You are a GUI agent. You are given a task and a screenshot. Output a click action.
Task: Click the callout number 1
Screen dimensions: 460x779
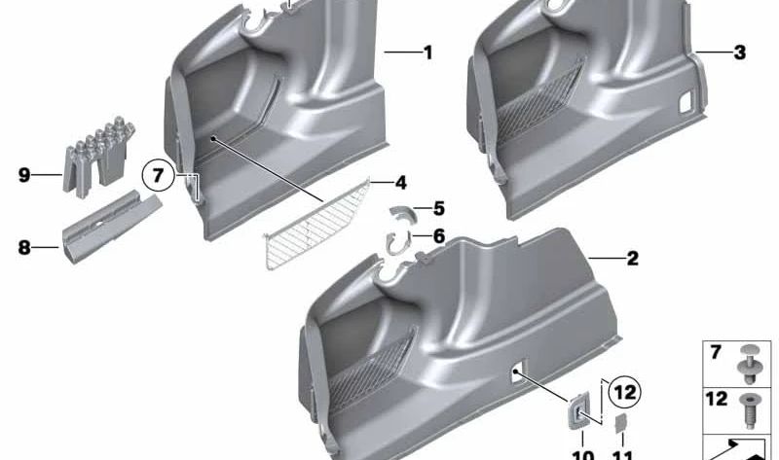pos(427,53)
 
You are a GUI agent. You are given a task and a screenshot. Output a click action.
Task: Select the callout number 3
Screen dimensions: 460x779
pos(739,53)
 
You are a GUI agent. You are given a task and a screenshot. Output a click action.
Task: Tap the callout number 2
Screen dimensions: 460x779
pos(632,259)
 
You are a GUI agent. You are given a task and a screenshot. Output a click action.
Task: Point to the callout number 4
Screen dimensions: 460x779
pos(400,182)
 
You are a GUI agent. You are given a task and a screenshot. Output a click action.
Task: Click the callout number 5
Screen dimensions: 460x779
pos(439,208)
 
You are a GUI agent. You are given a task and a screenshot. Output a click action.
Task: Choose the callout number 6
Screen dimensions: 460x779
pos(439,236)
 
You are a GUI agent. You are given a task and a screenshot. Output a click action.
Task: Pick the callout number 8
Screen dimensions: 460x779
pos(23,248)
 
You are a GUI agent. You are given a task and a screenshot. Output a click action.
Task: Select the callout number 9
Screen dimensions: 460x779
pos(23,175)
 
